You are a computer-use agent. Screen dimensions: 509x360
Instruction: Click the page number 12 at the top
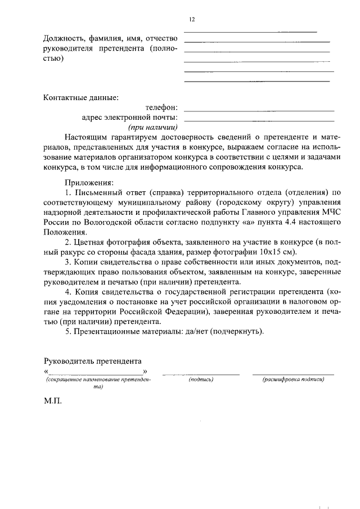[x=192, y=20]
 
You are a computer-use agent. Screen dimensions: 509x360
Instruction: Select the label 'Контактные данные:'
[x=81, y=97]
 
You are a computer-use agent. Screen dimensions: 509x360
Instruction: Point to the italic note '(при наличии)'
[x=153, y=128]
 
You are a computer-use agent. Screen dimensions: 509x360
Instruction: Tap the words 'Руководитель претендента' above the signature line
[x=92, y=361]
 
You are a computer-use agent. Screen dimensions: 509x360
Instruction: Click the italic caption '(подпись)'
[x=201, y=380]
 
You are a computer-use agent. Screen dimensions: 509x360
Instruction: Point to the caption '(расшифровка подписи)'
[x=293, y=380]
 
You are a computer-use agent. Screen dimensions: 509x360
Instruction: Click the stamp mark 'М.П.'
[x=52, y=403]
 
